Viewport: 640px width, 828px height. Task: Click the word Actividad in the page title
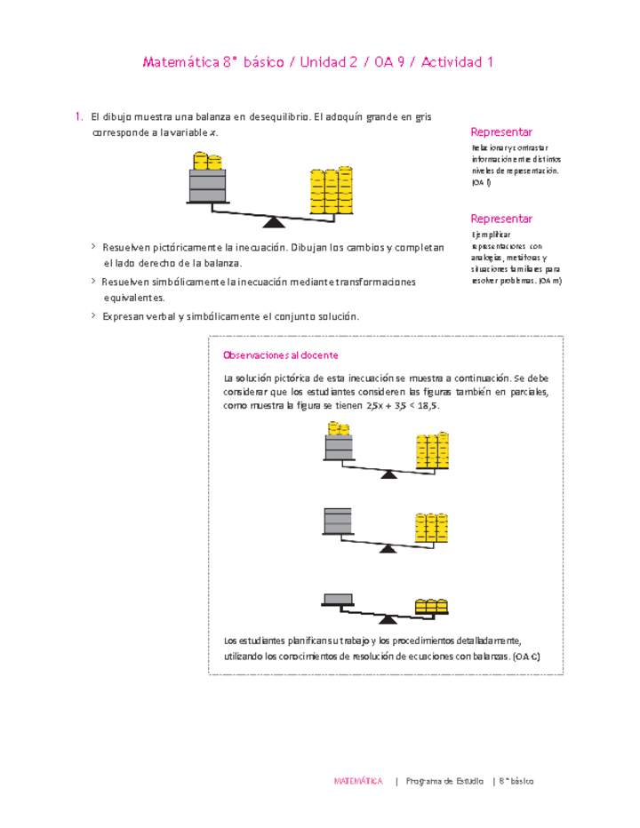click(452, 62)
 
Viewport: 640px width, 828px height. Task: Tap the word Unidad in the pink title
click(325, 62)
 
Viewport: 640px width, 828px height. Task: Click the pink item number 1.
click(78, 116)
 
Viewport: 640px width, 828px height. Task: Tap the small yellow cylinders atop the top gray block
click(207, 162)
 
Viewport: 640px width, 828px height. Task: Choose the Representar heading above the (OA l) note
click(501, 131)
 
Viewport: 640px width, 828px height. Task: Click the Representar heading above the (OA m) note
click(501, 219)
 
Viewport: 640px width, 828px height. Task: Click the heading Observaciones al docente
click(280, 355)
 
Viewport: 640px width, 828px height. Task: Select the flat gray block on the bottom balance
click(337, 598)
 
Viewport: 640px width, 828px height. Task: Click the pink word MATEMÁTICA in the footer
click(358, 782)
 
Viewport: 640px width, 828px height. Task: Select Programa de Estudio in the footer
click(444, 782)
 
